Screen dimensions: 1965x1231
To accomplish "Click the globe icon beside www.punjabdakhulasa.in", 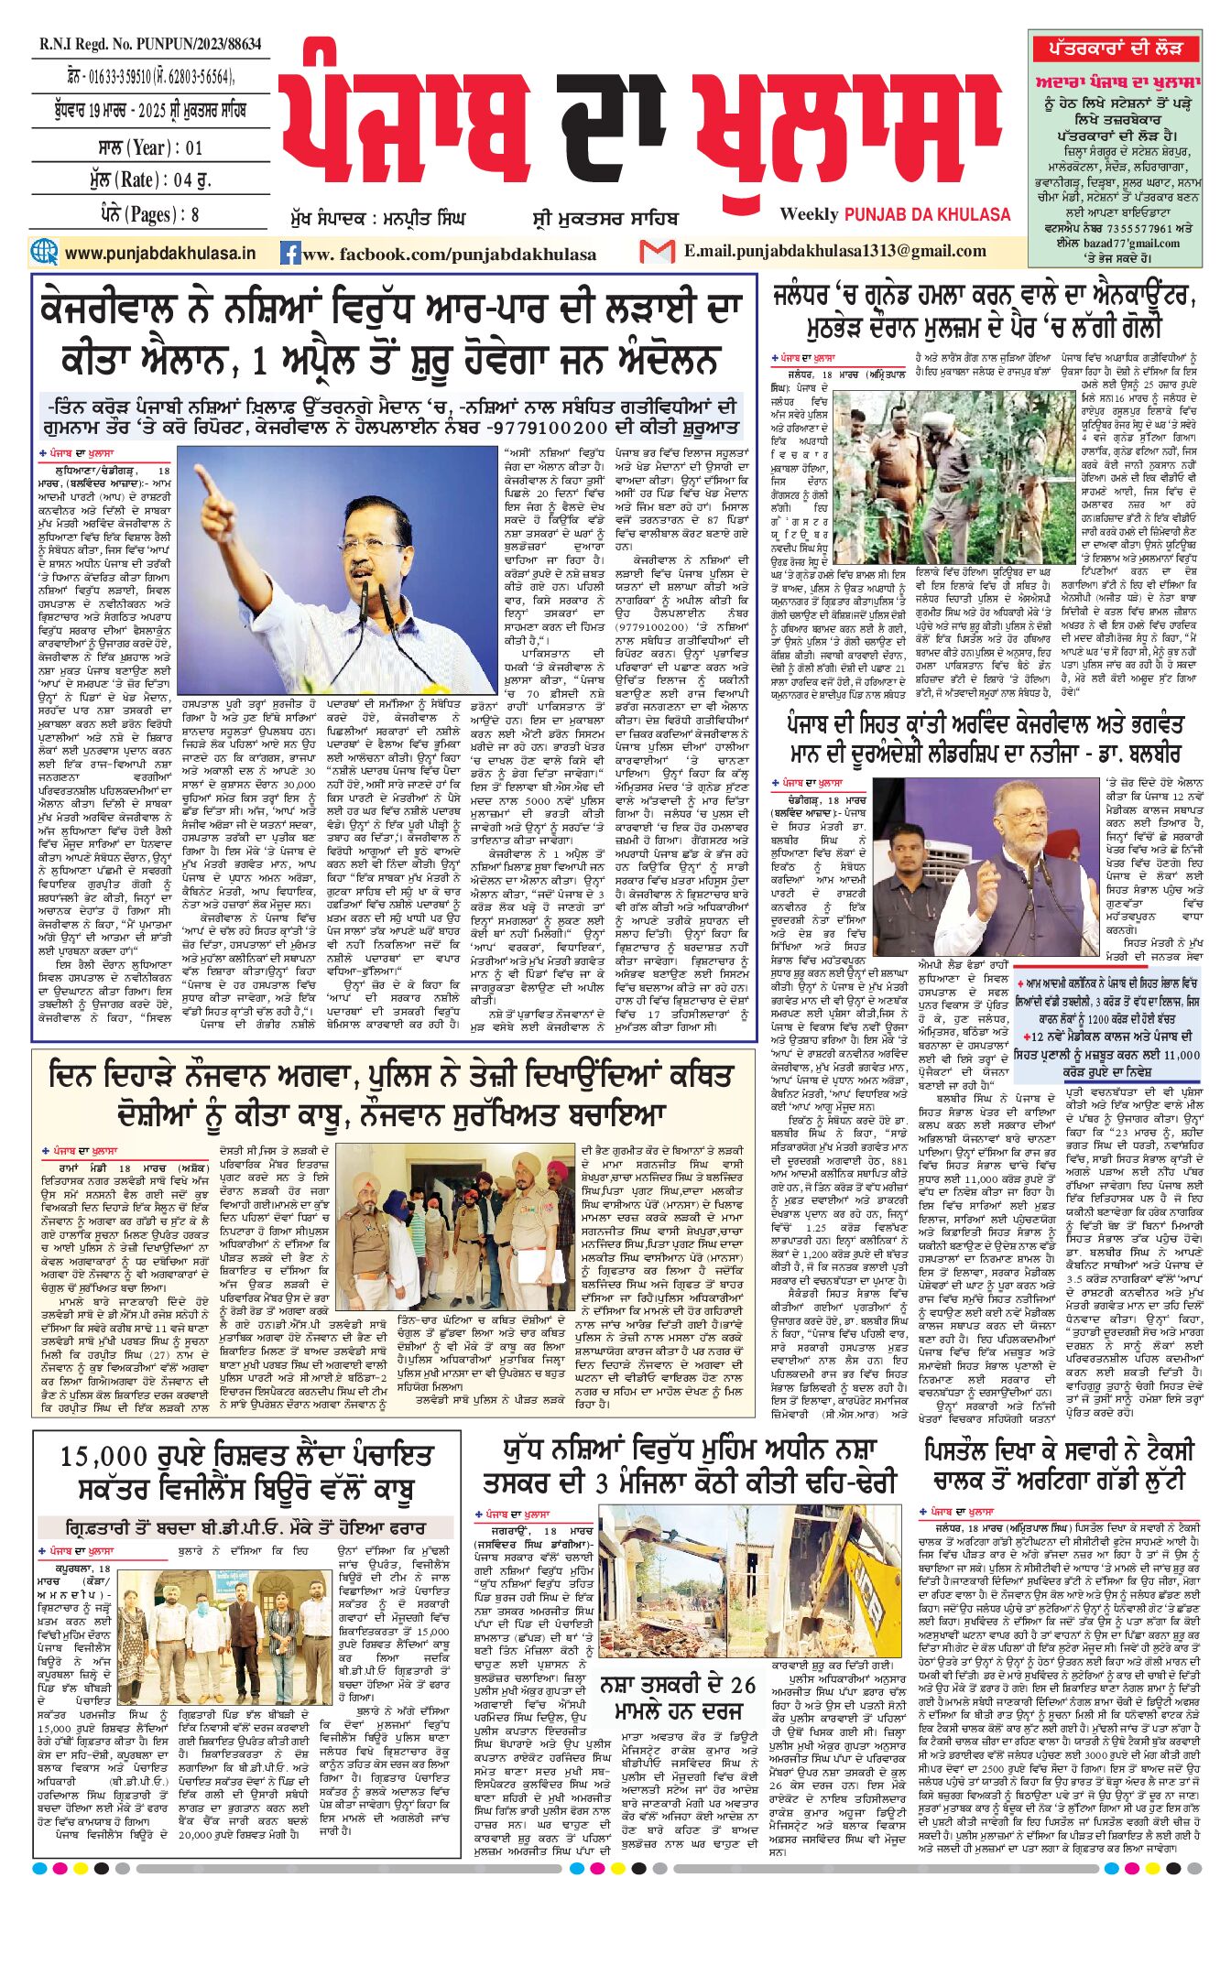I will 44,252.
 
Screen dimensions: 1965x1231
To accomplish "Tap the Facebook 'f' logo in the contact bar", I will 290,253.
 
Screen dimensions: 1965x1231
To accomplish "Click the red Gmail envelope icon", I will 657,251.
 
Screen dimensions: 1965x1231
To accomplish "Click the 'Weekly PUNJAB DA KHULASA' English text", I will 895,214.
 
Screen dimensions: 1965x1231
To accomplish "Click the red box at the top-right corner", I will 1113,48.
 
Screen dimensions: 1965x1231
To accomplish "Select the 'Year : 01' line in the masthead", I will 150,147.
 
